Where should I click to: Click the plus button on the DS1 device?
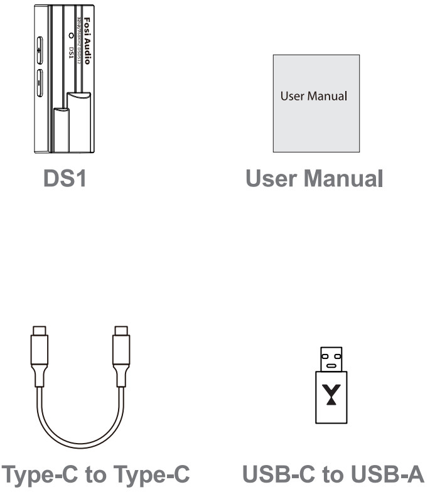(40, 48)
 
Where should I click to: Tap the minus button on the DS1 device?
(40, 80)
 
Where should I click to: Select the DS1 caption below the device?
(64, 179)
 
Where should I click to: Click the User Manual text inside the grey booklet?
(314, 97)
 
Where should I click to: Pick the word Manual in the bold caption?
(343, 179)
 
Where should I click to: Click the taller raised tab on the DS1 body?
(78, 122)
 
